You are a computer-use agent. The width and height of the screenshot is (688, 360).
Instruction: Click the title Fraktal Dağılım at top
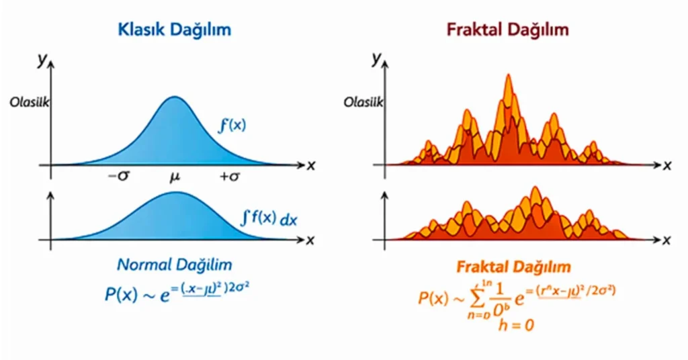[x=507, y=30]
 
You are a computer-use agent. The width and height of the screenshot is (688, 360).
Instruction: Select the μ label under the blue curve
[x=175, y=178]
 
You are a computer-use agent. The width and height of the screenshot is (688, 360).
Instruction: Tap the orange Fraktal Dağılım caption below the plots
[x=513, y=267]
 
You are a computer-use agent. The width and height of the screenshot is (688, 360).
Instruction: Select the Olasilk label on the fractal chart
[x=363, y=103]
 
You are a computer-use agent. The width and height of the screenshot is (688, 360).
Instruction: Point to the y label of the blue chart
[x=42, y=60]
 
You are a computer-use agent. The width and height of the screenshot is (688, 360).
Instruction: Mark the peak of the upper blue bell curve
[x=174, y=98]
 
